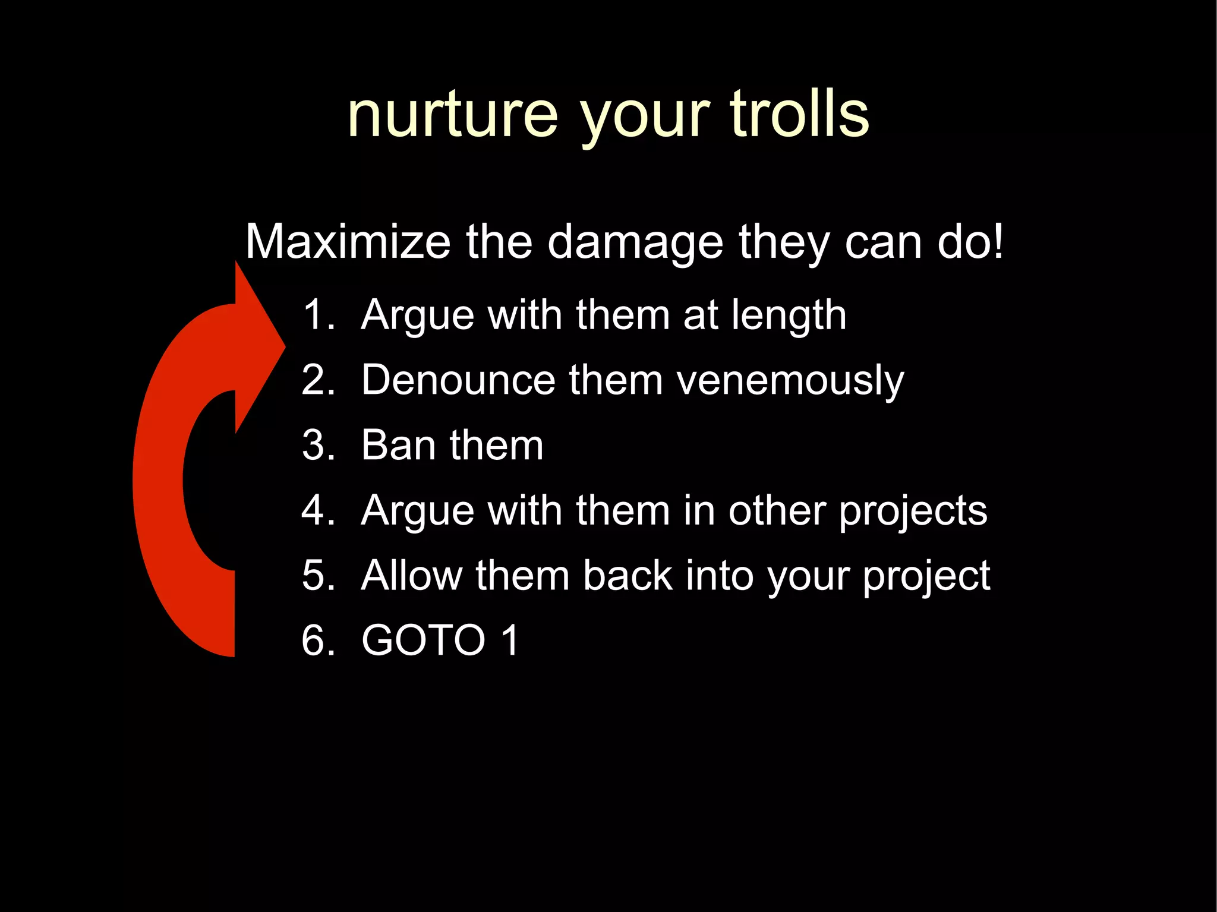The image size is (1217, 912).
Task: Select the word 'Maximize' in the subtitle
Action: tap(348, 242)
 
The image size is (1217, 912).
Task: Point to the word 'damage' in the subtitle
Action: tap(635, 243)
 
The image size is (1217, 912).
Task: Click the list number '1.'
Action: tap(319, 314)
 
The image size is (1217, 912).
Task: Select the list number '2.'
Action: tap(319, 380)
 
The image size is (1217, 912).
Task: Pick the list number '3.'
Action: tap(319, 445)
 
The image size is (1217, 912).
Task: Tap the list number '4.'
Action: tap(319, 510)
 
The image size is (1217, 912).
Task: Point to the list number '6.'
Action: tap(319, 640)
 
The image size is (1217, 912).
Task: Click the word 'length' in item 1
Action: tap(789, 315)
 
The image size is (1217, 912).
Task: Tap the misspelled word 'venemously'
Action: tap(790, 381)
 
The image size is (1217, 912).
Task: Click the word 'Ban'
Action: tap(399, 445)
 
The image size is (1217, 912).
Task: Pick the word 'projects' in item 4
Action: tap(913, 512)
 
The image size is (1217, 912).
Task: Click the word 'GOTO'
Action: tap(424, 640)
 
